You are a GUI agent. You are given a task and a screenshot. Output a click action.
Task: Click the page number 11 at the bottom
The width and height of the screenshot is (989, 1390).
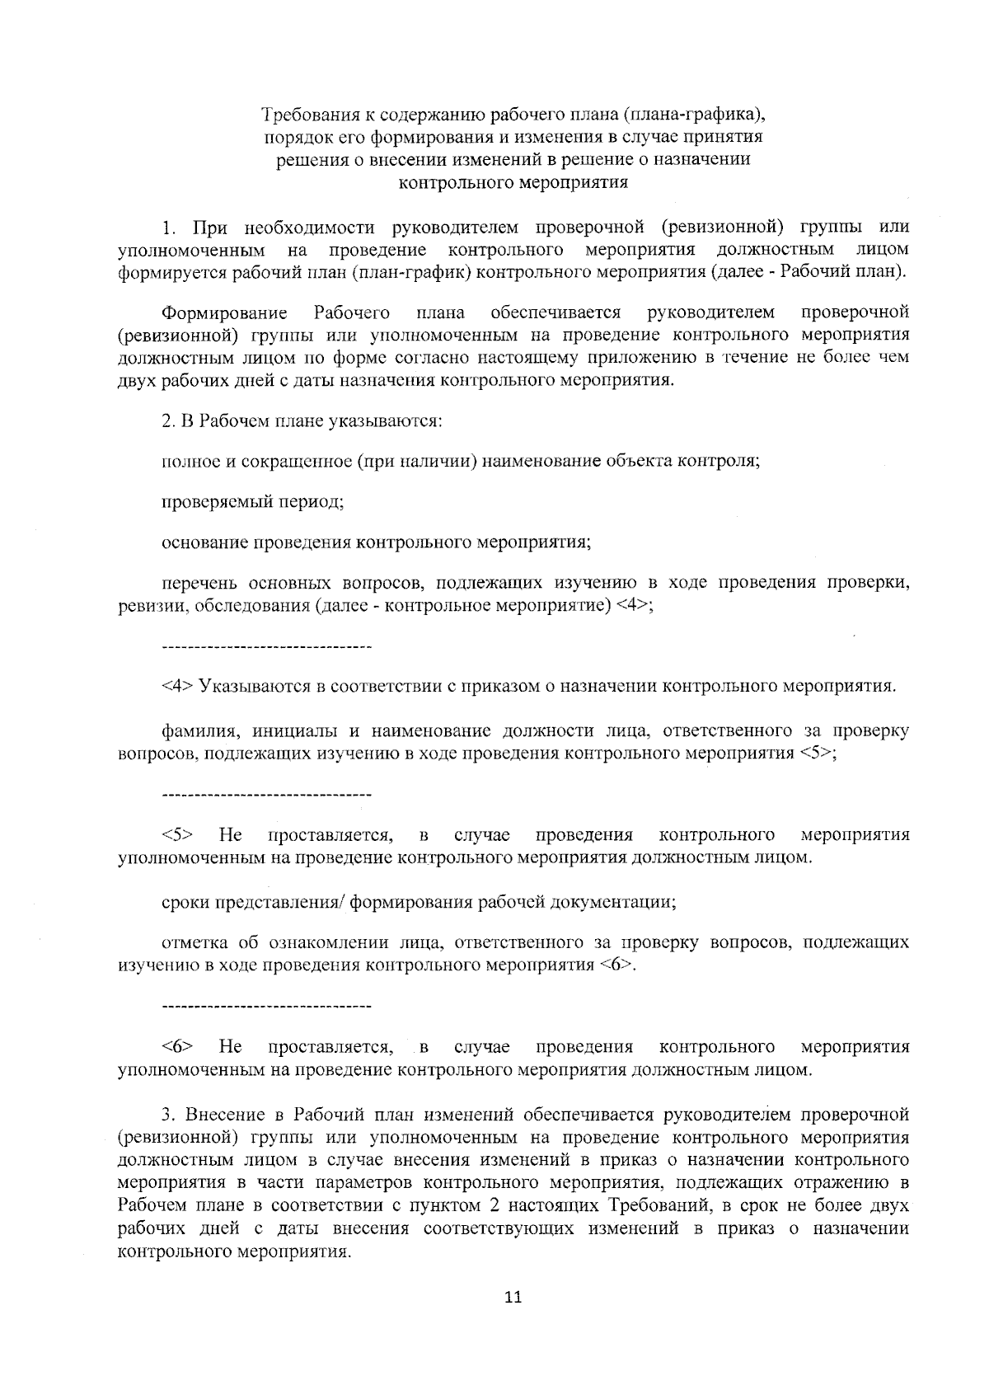513,1298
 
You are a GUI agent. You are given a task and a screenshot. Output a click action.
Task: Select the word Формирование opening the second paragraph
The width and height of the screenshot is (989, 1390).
225,312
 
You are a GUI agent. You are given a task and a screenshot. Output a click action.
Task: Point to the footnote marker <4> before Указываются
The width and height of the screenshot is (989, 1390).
177,686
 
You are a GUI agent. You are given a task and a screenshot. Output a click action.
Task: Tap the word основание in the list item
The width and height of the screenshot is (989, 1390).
205,542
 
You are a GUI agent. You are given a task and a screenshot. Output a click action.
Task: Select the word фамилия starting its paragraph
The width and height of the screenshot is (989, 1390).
191,731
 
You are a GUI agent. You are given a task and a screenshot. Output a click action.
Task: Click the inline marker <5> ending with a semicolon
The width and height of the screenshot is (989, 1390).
817,754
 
